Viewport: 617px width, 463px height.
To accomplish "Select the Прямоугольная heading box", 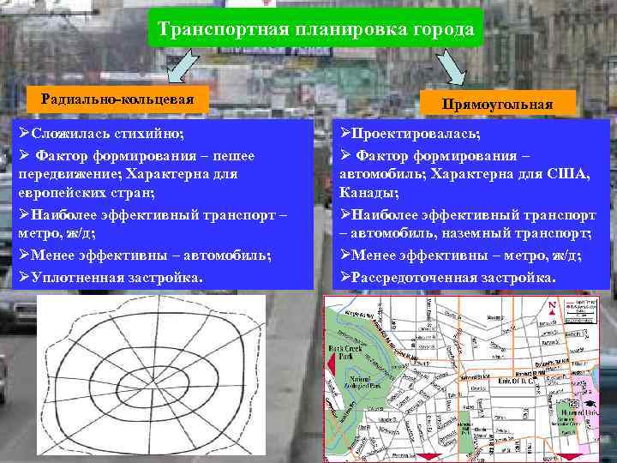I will pyautogui.click(x=497, y=104).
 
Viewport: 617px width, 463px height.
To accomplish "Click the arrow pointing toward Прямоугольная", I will pyautogui.click(x=450, y=66).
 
